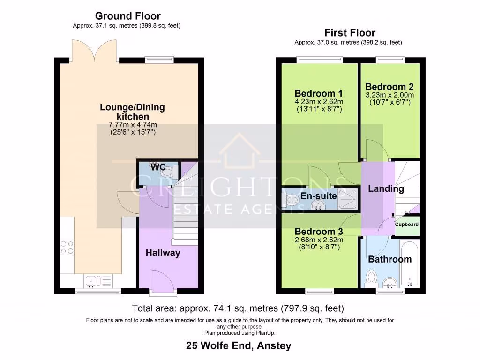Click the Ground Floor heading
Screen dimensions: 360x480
127,16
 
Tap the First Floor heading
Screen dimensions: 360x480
350,32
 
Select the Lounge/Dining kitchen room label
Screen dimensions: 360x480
132,112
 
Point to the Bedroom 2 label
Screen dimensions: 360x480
389,87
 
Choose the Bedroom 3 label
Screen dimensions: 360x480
318,232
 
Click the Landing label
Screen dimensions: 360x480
386,189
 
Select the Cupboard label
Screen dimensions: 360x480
406,224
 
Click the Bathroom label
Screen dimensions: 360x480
390,259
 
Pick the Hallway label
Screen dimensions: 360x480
163,253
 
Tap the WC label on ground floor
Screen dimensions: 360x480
157,167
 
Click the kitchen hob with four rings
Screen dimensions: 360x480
67,247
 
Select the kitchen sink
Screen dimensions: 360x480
92,281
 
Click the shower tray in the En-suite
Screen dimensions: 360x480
347,200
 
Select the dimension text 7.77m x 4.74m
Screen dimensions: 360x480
132,125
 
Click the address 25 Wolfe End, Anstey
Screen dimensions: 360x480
239,346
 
